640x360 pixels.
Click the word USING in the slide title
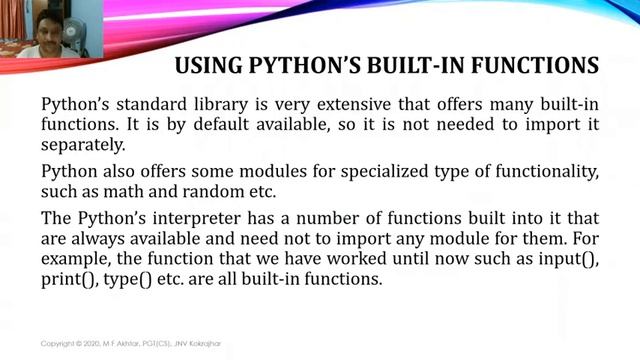click(x=207, y=67)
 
